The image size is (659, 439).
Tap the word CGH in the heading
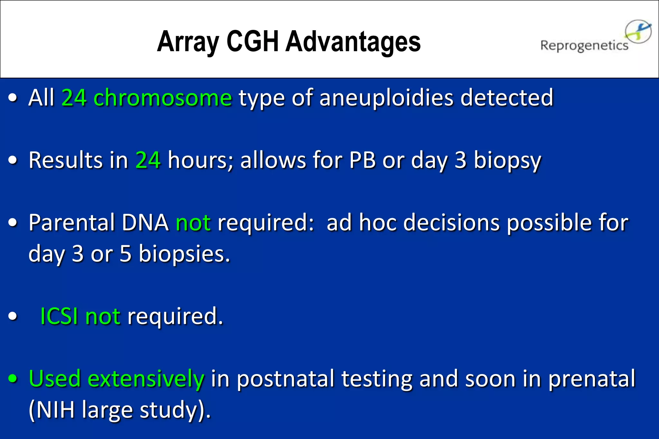[253, 42]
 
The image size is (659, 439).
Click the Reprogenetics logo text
[584, 46]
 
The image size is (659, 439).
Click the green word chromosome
[162, 98]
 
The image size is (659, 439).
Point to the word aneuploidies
[386, 98]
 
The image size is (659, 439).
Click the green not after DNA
[193, 222]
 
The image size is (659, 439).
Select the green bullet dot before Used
[13, 379]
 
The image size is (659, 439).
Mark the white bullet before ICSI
[13, 316]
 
